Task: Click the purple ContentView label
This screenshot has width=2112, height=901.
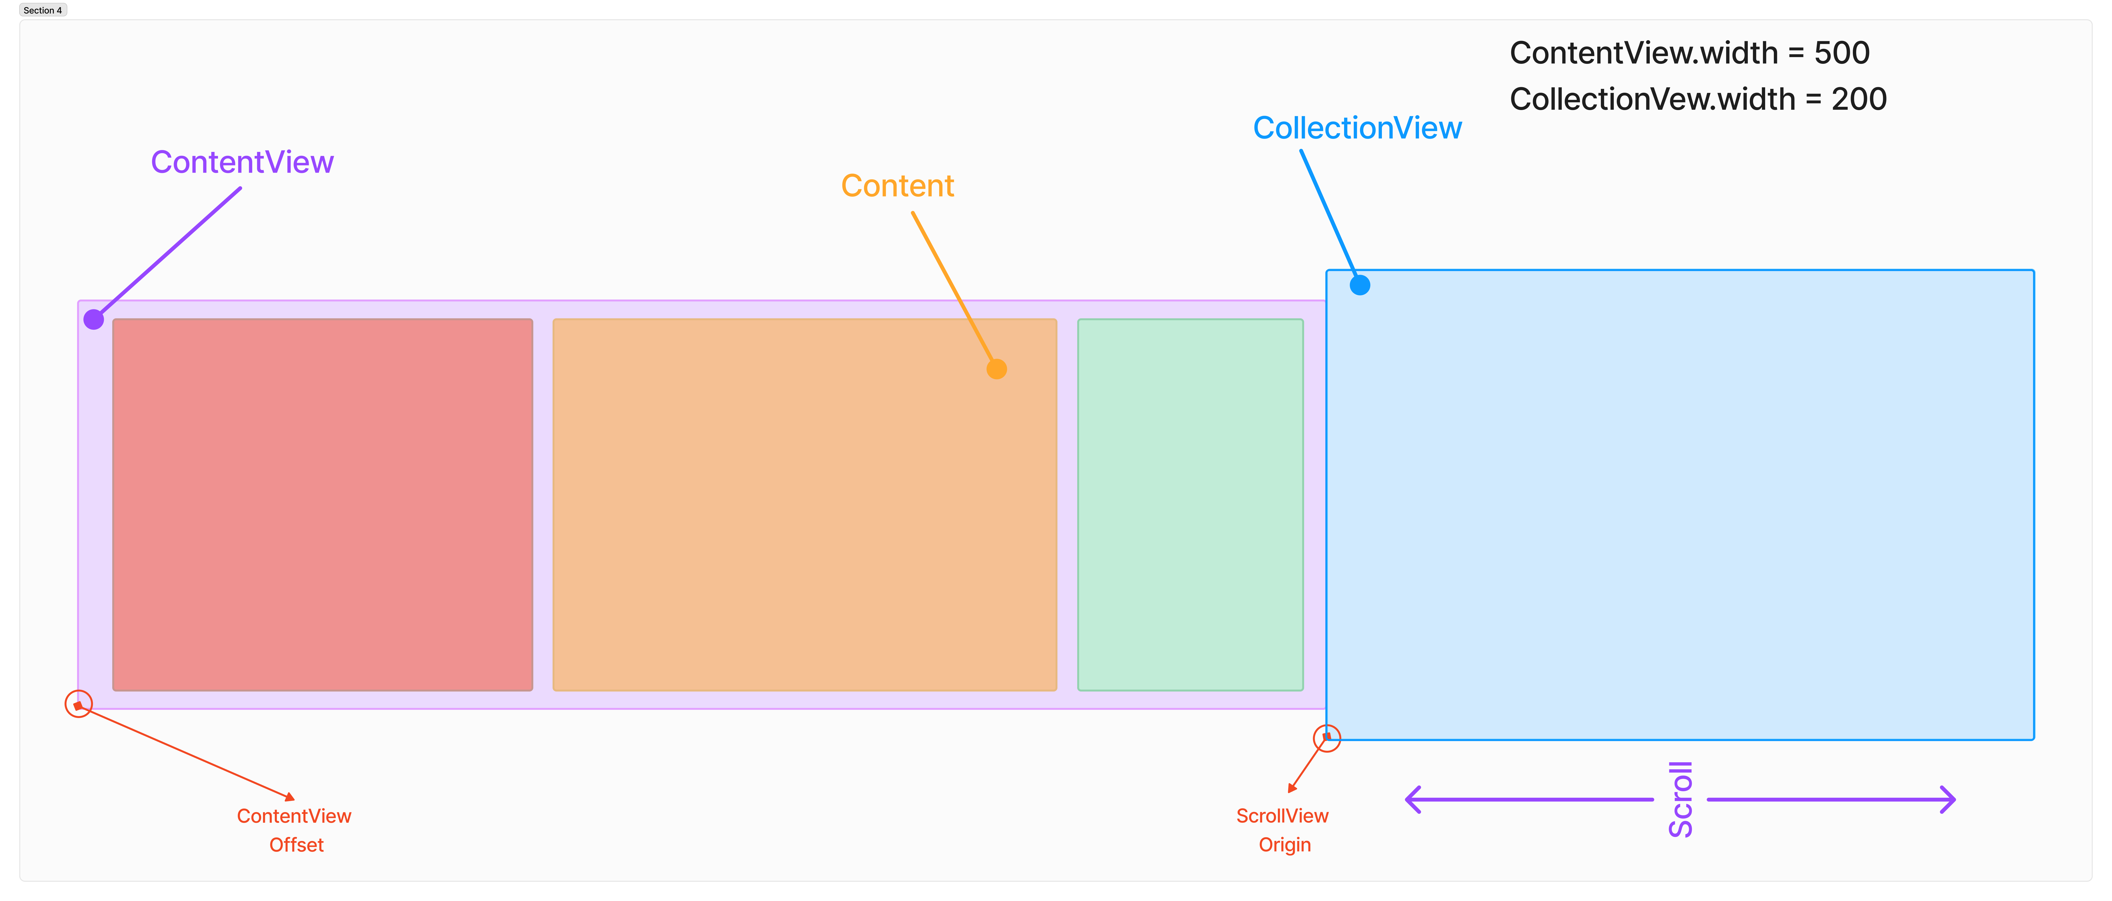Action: click(242, 162)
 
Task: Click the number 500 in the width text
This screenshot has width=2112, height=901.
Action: click(1841, 53)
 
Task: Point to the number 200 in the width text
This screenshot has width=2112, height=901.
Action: click(1859, 99)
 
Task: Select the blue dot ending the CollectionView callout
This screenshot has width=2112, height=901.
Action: click(1359, 285)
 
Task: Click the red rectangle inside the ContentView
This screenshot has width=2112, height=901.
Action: click(322, 504)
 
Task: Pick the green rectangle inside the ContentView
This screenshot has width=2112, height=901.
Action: click(1190, 504)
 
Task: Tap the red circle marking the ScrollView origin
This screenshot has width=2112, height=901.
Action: click(1327, 738)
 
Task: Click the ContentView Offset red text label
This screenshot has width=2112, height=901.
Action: click(294, 830)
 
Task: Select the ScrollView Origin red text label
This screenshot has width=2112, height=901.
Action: click(1283, 830)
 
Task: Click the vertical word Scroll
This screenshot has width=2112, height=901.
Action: click(1681, 799)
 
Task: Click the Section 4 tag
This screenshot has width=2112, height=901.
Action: click(43, 10)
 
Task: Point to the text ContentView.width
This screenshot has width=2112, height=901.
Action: click(1644, 53)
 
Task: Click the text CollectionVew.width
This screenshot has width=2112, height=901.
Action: click(1652, 99)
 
